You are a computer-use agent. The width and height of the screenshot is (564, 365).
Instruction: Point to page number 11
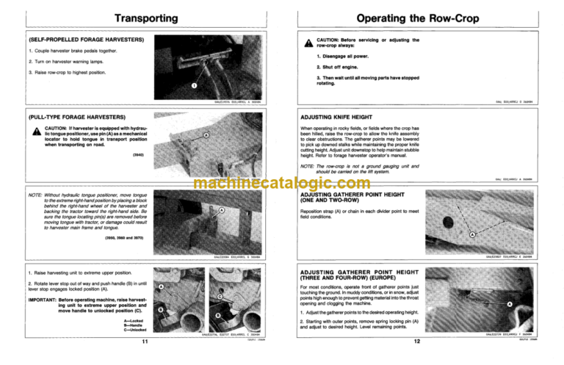(145, 341)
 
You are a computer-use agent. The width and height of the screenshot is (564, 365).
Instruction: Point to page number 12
(416, 341)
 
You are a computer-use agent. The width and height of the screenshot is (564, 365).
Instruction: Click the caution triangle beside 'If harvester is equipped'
(35, 132)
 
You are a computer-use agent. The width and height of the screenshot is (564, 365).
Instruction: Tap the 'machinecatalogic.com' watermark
(283, 184)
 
